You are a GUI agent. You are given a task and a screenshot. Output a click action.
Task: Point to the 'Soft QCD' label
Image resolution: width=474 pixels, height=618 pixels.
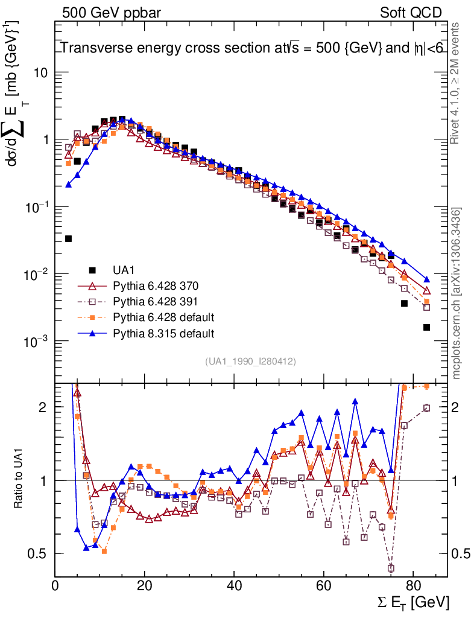[411, 13]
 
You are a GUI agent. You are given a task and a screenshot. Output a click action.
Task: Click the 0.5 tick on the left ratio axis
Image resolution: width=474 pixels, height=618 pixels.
[40, 553]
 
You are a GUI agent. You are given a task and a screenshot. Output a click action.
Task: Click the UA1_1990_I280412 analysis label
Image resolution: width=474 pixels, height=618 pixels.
[250, 362]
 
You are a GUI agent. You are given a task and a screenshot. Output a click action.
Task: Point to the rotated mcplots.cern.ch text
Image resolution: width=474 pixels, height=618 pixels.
[457, 293]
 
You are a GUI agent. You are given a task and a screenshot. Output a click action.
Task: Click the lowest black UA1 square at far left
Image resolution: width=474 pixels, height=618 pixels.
[68, 238]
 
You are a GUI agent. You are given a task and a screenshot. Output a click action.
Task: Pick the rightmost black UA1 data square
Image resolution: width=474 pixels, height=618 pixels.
[426, 327]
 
